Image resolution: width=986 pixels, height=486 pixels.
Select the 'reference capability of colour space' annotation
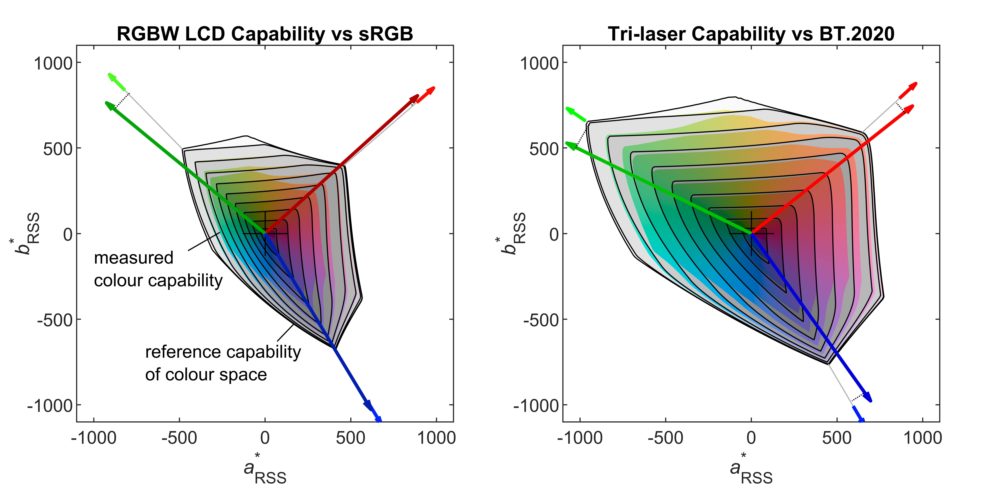223,363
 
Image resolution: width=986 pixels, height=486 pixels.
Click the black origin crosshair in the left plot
265,233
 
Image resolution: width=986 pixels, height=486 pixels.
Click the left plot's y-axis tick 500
57,148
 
